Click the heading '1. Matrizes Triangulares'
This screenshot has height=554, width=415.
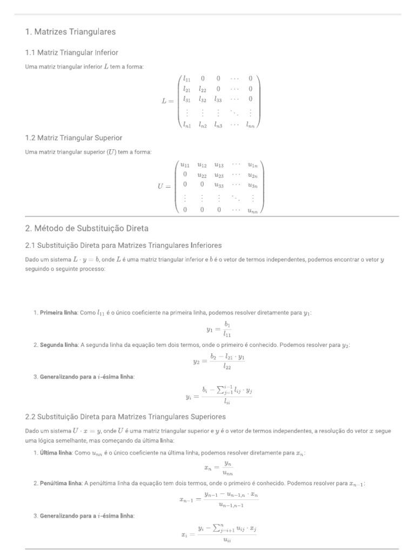70,32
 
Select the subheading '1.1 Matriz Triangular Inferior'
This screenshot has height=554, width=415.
71,52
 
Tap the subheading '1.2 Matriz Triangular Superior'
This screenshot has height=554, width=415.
73,138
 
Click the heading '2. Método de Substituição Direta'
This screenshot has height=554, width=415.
86,228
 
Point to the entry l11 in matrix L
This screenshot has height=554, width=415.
186,78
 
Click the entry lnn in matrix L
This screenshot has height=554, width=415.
250,125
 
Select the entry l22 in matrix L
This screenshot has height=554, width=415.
202,89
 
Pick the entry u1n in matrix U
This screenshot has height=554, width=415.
252,165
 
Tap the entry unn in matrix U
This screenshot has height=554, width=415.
252,210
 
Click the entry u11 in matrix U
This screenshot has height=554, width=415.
185,165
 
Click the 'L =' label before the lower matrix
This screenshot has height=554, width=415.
168,101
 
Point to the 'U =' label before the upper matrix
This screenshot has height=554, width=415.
164,187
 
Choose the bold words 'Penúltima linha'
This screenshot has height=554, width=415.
60,483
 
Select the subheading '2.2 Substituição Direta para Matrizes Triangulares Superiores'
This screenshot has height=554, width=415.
125,417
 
